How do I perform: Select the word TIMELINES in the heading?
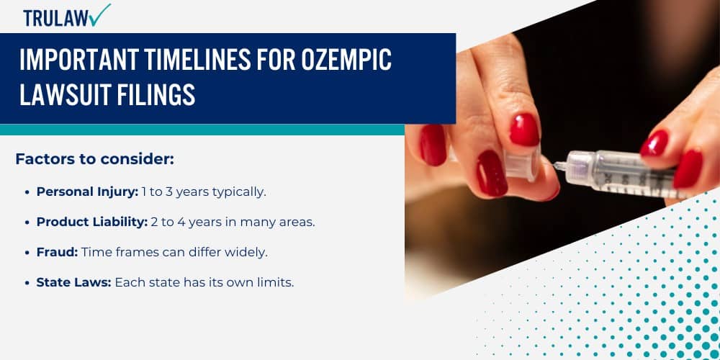(x=194, y=60)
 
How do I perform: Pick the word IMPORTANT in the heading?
(x=76, y=60)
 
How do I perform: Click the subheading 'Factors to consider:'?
(x=94, y=159)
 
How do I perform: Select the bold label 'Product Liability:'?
(x=92, y=222)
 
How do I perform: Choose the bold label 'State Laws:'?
(x=73, y=282)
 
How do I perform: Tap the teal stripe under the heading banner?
(x=202, y=130)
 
